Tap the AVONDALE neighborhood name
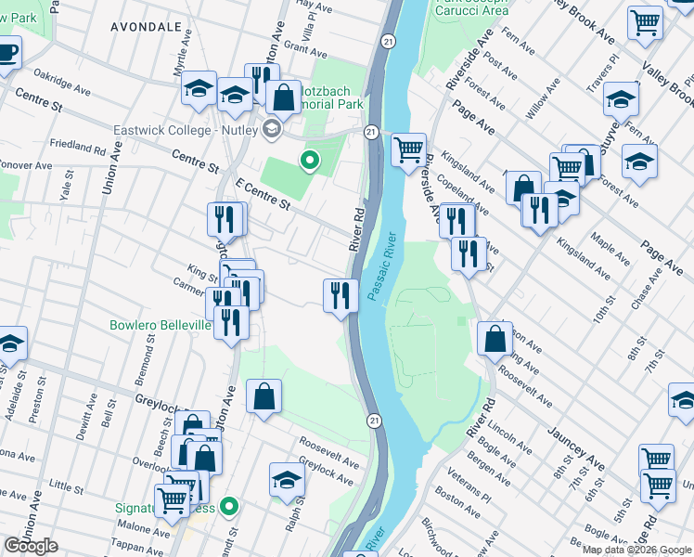tap(146, 28)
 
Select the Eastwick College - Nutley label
tap(187, 130)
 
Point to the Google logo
tap(31, 546)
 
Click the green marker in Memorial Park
tap(310, 162)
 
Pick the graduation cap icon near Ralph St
tap(287, 479)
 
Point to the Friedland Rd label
tap(78, 147)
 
